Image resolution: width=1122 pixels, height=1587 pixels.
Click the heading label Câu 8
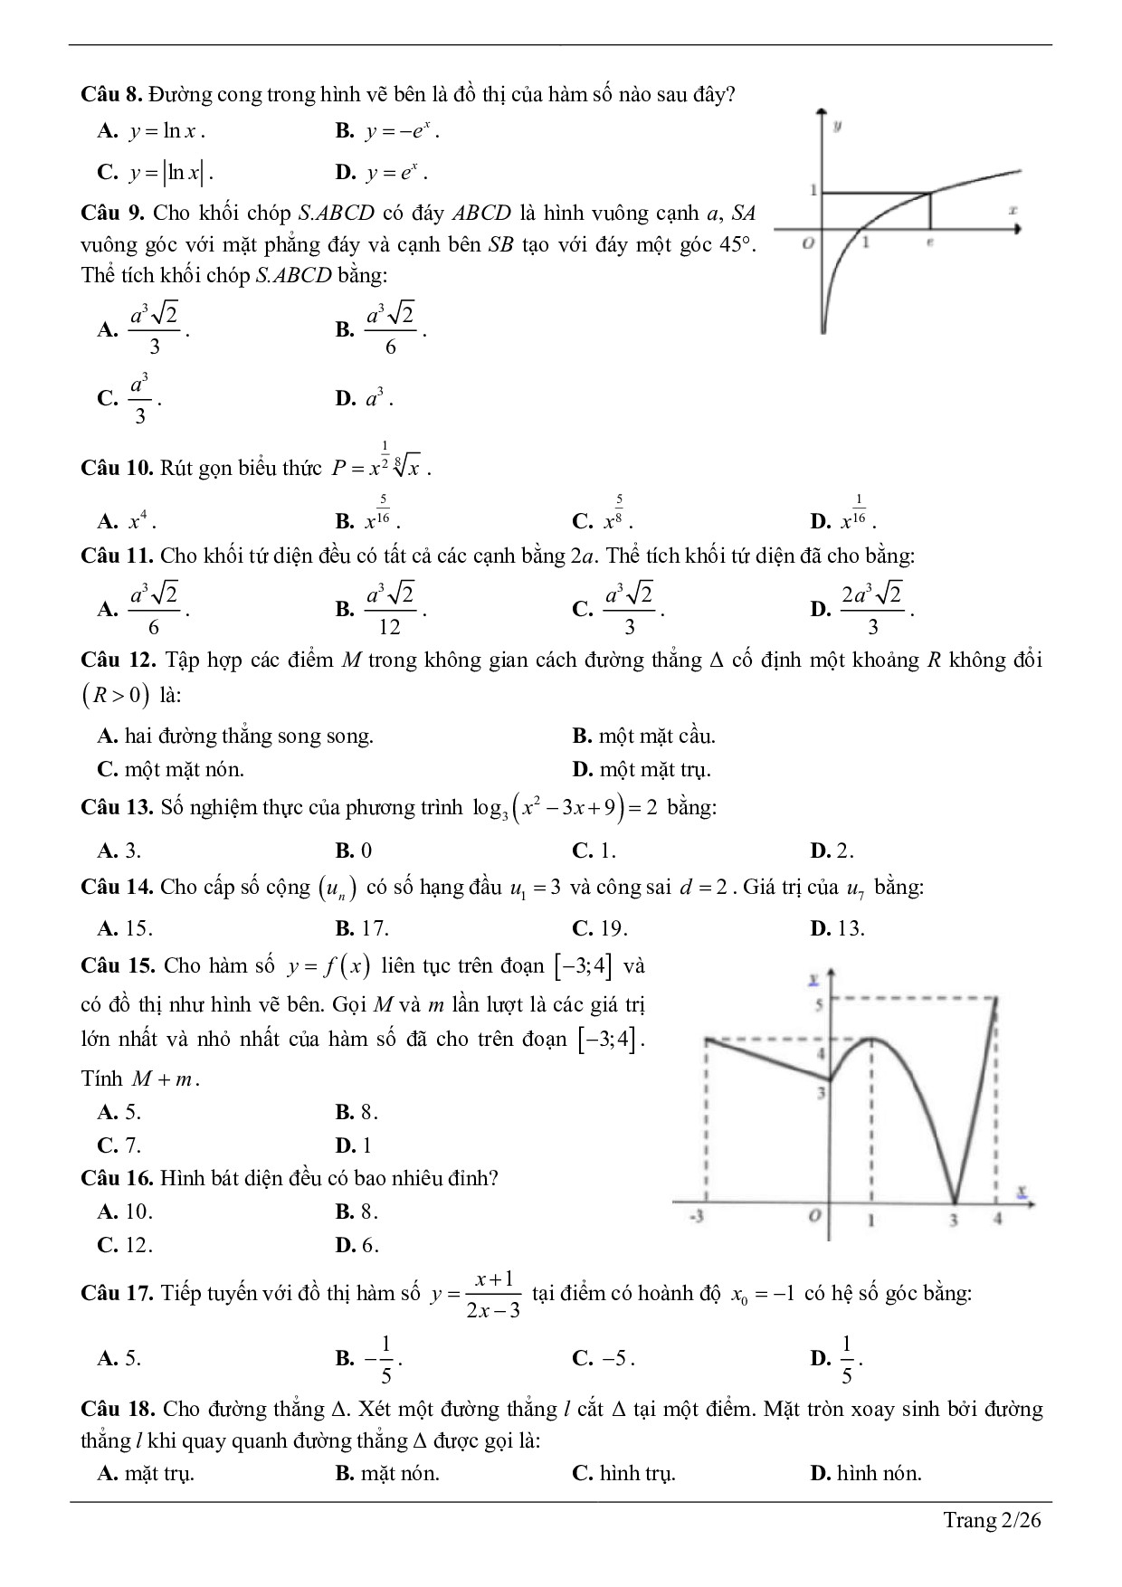click(111, 94)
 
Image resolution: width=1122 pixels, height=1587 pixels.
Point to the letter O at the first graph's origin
click(808, 243)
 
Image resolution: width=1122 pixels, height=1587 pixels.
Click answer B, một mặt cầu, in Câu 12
click(644, 736)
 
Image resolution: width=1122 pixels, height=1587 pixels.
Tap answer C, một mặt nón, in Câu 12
click(171, 769)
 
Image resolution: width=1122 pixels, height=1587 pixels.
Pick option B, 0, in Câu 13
click(354, 851)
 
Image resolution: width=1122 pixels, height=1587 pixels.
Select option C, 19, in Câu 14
click(600, 928)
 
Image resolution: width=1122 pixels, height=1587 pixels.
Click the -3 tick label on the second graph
click(696, 1218)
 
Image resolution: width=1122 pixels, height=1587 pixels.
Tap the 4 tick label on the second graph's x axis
click(997, 1219)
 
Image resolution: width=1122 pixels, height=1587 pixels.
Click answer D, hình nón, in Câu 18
click(867, 1473)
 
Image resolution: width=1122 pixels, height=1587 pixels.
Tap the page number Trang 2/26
click(993, 1520)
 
